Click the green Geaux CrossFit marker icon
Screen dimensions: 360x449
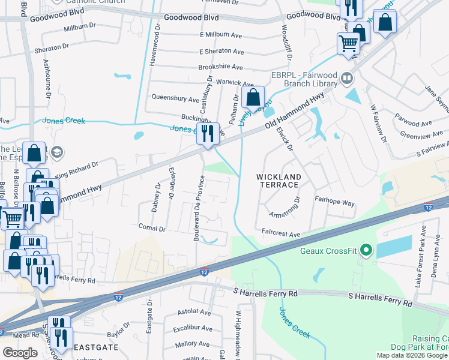[365, 250]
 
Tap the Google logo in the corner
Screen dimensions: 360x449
[20, 353]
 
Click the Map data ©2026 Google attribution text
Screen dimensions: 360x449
[412, 355]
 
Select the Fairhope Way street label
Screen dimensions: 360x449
[334, 203]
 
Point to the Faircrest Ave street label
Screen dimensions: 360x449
[280, 231]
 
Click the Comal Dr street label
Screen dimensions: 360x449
[152, 228]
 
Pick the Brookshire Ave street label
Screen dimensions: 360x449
[220, 67]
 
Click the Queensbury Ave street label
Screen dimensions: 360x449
[175, 98]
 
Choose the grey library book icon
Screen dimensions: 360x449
[346, 78]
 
